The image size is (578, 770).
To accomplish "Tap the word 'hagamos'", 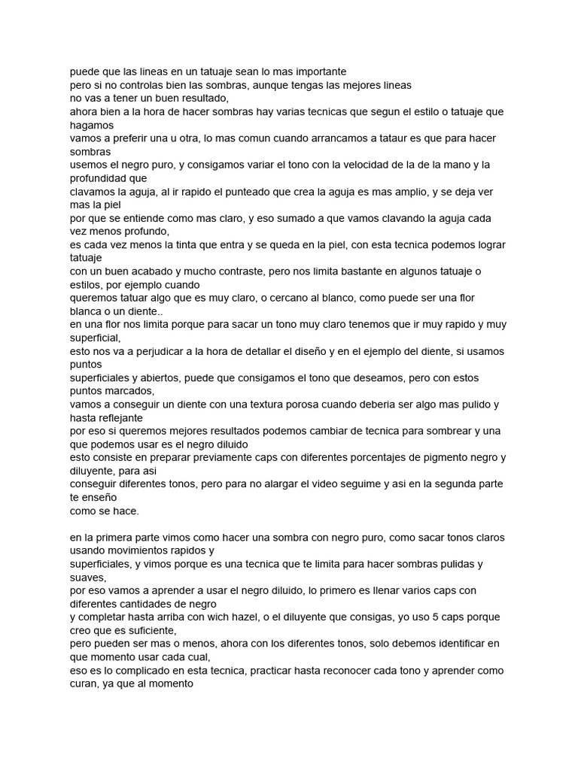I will click(92, 125).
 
